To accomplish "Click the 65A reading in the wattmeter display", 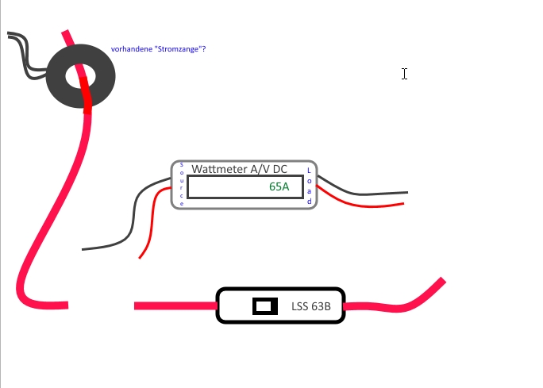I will click(279, 187).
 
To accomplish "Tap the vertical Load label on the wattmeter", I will click(310, 186).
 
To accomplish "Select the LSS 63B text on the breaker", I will click(306, 306).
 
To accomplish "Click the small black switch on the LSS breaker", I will click(265, 306).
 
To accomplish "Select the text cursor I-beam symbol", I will click(404, 74).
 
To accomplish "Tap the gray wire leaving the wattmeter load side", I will click(365, 193).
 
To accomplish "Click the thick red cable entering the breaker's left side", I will click(175, 305).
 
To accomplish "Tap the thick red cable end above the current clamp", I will click(68, 38).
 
